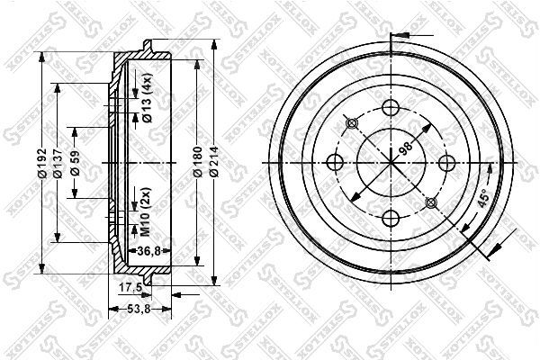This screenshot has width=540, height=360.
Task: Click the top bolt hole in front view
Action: [x=391, y=108]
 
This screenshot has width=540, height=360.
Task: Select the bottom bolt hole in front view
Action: [x=391, y=218]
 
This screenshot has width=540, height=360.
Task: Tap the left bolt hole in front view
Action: [x=336, y=163]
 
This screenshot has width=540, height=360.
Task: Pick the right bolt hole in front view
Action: [x=445, y=163]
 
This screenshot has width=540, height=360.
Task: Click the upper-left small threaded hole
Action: [x=352, y=123]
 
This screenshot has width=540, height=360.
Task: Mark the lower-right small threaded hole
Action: [x=429, y=202]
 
